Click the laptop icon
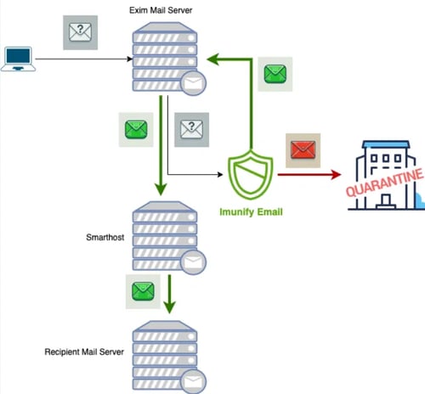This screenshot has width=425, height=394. click(17, 59)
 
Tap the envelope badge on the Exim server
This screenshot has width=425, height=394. click(193, 83)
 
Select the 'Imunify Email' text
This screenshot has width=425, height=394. click(251, 211)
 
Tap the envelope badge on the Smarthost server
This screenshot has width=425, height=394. click(193, 260)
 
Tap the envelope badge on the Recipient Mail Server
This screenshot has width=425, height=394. click(193, 378)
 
